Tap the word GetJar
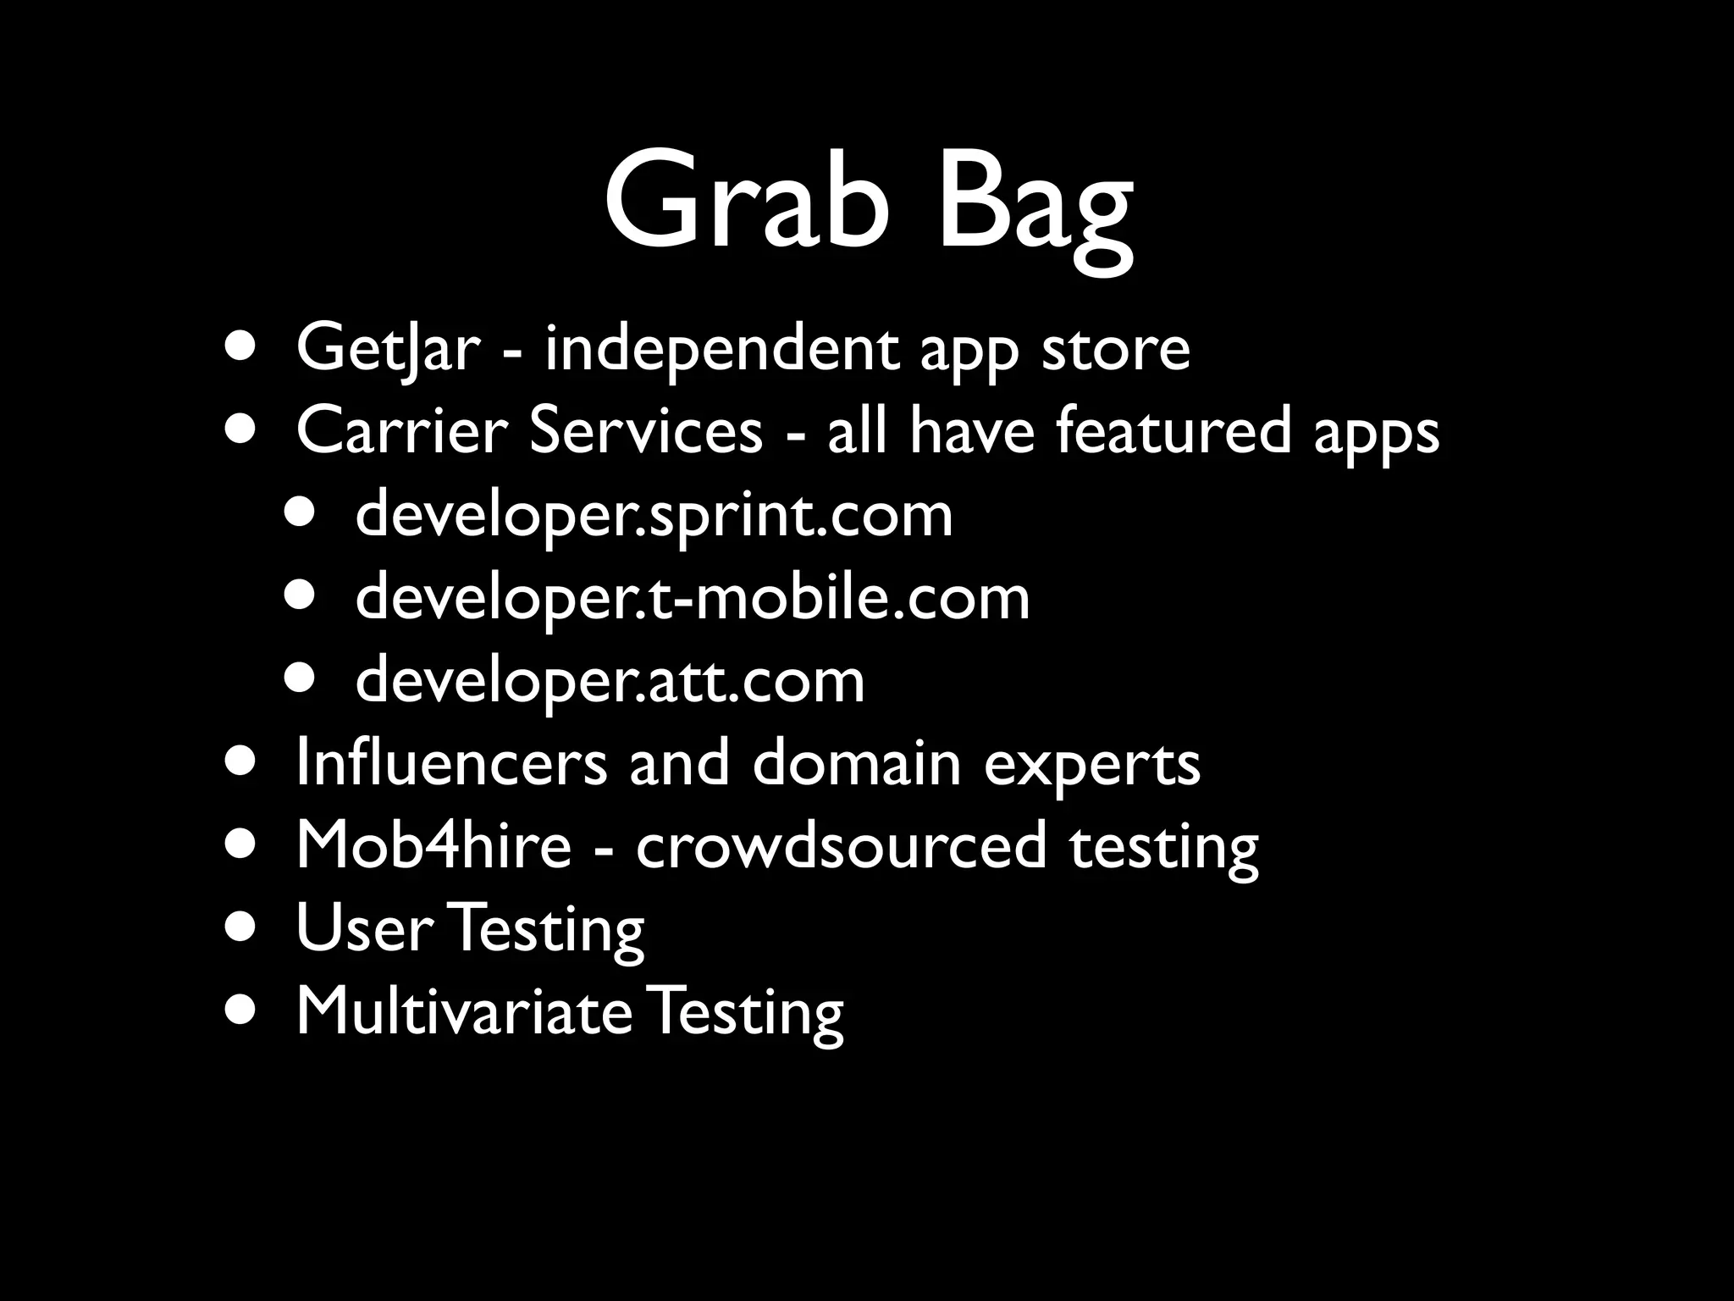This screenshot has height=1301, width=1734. (388, 349)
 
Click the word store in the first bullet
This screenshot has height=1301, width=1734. (1115, 349)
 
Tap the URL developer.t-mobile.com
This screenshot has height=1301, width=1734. (692, 597)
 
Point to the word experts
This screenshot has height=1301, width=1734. (1091, 764)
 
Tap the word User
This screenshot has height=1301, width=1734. (365, 927)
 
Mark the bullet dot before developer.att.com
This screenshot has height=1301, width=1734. (301, 681)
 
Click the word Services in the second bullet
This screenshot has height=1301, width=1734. (645, 430)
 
